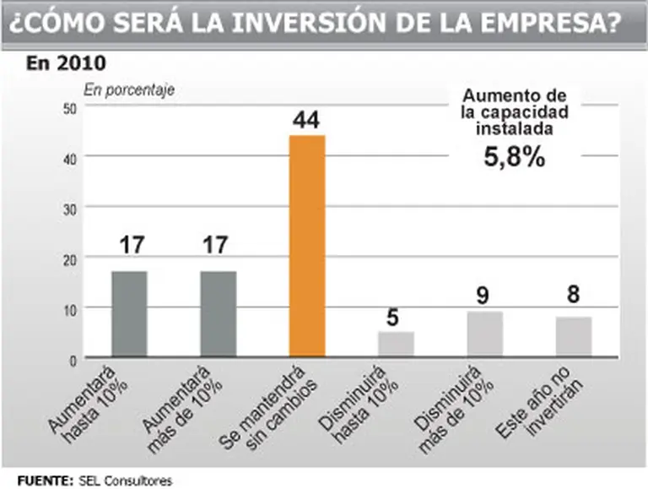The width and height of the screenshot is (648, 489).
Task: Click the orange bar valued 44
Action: pyautogui.click(x=307, y=247)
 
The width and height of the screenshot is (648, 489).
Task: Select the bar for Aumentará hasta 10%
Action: pyautogui.click(x=129, y=314)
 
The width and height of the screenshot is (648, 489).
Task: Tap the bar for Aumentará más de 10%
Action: pyautogui.click(x=218, y=314)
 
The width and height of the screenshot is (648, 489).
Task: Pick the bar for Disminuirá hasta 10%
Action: pyautogui.click(x=396, y=345)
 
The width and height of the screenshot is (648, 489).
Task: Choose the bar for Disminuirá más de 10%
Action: pyautogui.click(x=484, y=334)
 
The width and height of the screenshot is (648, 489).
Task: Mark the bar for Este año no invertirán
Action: pyautogui.click(x=573, y=337)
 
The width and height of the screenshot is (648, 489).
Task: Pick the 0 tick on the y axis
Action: pyautogui.click(x=73, y=359)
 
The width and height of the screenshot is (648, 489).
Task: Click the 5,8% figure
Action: pyautogui.click(x=514, y=157)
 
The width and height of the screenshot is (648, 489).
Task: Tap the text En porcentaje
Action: pyautogui.click(x=128, y=90)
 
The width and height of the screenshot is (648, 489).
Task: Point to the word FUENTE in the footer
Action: pyautogui.click(x=43, y=480)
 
